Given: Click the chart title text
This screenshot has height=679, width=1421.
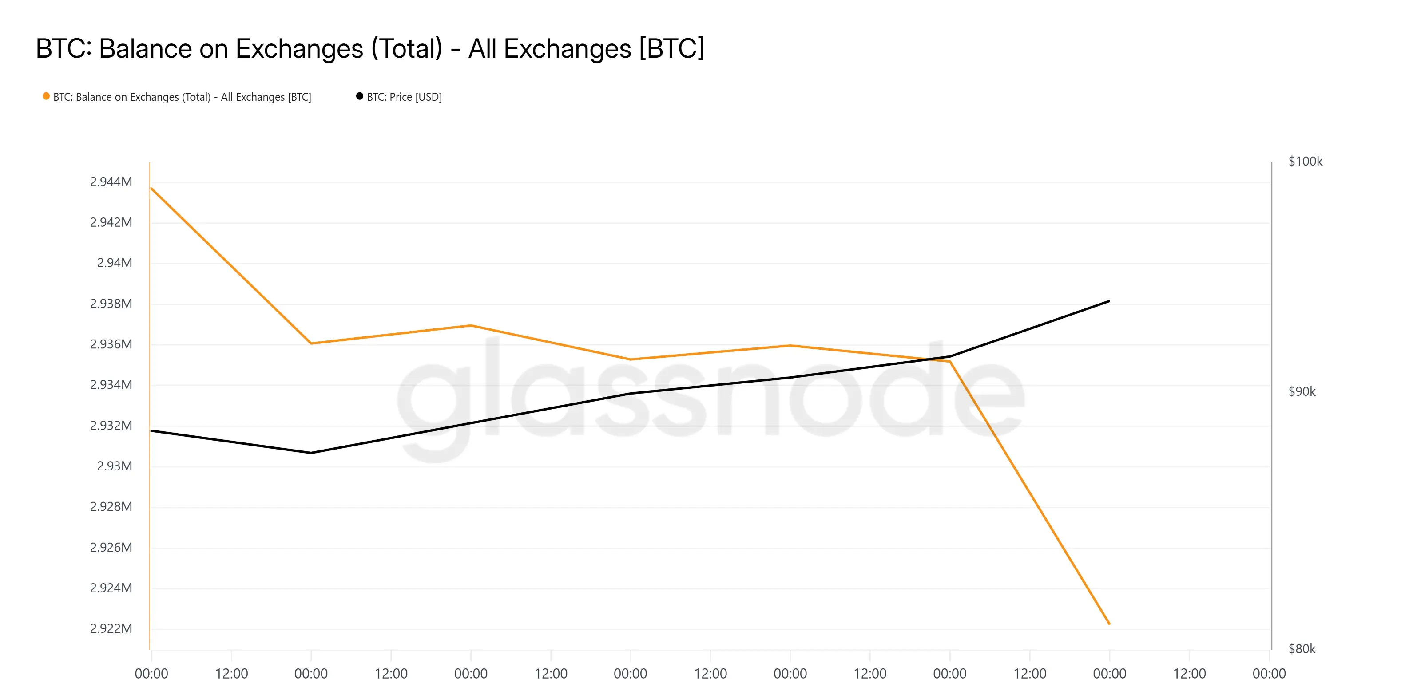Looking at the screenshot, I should pyautogui.click(x=369, y=48).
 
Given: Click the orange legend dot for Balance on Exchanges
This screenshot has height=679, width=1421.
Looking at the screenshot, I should pyautogui.click(x=46, y=96).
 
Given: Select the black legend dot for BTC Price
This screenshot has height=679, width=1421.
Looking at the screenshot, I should pyautogui.click(x=360, y=96).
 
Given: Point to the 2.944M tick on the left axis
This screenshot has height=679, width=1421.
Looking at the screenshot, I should pyautogui.click(x=111, y=182).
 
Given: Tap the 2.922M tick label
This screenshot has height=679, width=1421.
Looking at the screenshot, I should pyautogui.click(x=111, y=628).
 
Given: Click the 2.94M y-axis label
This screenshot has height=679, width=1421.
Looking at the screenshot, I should pyautogui.click(x=114, y=263).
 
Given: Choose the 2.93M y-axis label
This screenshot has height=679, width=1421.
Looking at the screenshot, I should pyautogui.click(x=114, y=466).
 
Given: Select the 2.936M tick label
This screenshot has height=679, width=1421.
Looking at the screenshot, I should pyautogui.click(x=111, y=344).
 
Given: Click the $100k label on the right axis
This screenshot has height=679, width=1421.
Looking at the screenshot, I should pyautogui.click(x=1305, y=162).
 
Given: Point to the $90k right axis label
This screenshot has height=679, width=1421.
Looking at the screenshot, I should pyautogui.click(x=1302, y=392).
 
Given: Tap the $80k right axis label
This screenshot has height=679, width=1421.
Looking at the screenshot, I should pyautogui.click(x=1302, y=649).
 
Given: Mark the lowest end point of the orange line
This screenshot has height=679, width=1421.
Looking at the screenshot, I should pyautogui.click(x=1109, y=624).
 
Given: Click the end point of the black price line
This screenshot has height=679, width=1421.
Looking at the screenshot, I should pyautogui.click(x=1109, y=301).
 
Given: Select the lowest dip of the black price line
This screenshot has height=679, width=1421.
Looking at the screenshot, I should pyautogui.click(x=311, y=453).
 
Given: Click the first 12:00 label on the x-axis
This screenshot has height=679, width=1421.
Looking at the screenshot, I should pyautogui.click(x=231, y=673).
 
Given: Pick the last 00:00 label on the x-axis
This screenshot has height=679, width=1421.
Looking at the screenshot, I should pyautogui.click(x=1269, y=673).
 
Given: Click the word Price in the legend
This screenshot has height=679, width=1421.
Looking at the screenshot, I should pyautogui.click(x=401, y=97).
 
